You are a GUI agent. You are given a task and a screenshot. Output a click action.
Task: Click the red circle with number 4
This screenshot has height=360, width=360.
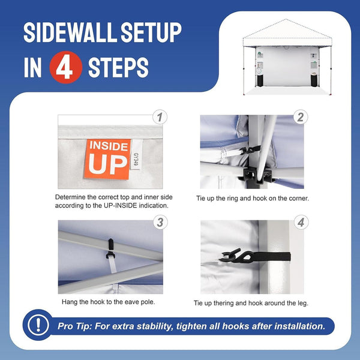coord(65,68)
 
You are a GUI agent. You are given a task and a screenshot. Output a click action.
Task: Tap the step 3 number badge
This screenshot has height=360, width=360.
coord(159,223)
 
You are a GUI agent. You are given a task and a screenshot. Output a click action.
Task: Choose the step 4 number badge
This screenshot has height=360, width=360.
coord(301,223)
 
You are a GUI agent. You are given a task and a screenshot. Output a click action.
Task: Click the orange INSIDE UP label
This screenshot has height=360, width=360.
coord(109,160)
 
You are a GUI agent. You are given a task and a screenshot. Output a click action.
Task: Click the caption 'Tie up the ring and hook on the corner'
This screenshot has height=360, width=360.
coord(252,197)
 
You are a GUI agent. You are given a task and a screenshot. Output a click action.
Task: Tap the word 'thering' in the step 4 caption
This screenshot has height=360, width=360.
coord(230,303)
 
